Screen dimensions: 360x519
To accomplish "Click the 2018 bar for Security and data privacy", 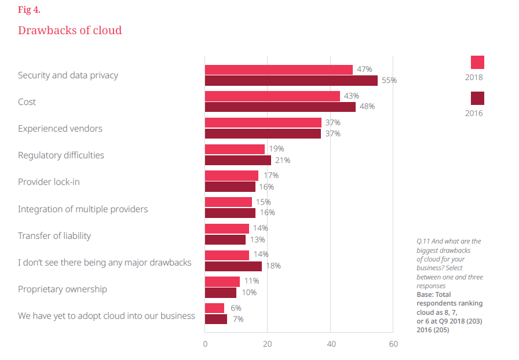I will click(279, 70).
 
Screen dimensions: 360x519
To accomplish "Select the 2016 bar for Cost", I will click(280, 107).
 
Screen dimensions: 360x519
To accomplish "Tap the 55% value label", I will click(389, 81).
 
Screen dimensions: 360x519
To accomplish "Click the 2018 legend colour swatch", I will click(477, 63).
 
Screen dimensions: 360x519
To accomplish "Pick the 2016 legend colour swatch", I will click(477, 98).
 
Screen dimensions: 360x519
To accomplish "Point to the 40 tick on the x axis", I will click(330, 344).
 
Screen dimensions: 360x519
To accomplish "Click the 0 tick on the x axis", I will click(205, 344).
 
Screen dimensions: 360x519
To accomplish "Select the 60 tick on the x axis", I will click(393, 344).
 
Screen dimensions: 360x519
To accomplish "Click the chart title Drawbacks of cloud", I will click(70, 30).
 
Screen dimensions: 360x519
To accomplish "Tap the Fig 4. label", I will click(30, 10).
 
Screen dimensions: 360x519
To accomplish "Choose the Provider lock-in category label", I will click(49, 182).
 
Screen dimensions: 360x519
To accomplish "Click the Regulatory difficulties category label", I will click(61, 155).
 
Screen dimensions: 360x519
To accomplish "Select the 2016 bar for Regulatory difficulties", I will click(238, 160).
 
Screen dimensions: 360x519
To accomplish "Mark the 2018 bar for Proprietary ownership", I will click(222, 282).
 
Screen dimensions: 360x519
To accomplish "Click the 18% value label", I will click(273, 266).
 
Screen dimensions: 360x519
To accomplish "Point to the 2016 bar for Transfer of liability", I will click(225, 239).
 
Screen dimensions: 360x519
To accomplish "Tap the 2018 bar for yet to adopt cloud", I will click(214, 308).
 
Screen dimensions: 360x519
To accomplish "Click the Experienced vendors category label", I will click(60, 129).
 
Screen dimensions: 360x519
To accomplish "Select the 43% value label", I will click(352, 96).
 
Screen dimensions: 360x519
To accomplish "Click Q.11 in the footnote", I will click(423, 241).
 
